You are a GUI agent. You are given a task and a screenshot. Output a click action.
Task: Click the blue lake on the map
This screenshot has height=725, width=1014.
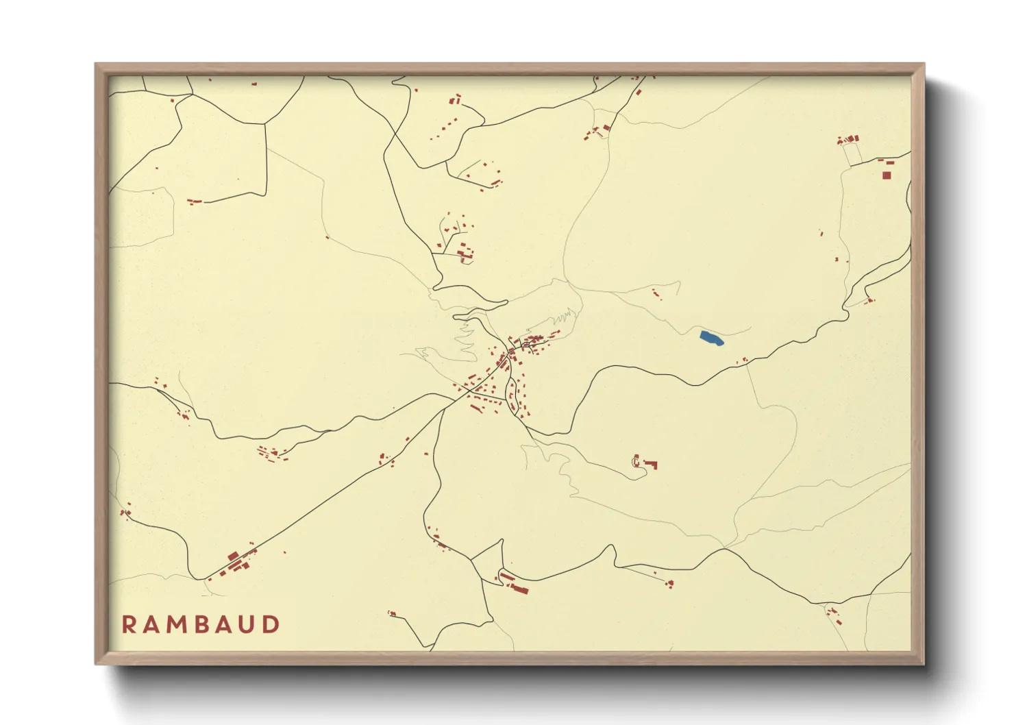(712, 338)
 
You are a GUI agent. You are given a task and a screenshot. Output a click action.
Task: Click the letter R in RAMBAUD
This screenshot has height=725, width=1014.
(129, 624)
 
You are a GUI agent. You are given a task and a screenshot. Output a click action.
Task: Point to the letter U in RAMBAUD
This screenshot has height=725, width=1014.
(249, 624)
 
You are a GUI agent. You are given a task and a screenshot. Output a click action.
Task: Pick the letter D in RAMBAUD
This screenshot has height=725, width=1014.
(273, 624)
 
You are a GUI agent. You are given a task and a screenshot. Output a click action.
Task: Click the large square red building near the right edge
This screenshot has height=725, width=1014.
(886, 175)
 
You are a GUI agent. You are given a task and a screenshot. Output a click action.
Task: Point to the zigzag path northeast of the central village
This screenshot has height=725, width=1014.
(564, 317)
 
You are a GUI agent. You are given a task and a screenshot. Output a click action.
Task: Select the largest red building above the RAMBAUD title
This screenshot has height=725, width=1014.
(233, 556)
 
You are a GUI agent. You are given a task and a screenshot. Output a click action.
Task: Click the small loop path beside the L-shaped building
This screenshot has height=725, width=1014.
(636, 463)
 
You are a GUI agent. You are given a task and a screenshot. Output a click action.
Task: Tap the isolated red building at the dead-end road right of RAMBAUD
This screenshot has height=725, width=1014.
(393, 613)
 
